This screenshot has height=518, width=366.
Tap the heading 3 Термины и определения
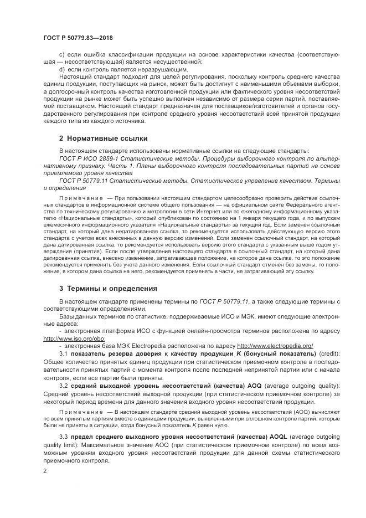click(x=107, y=289)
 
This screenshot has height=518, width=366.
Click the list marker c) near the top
click(x=61, y=55)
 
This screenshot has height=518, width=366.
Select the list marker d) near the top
click(x=61, y=69)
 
